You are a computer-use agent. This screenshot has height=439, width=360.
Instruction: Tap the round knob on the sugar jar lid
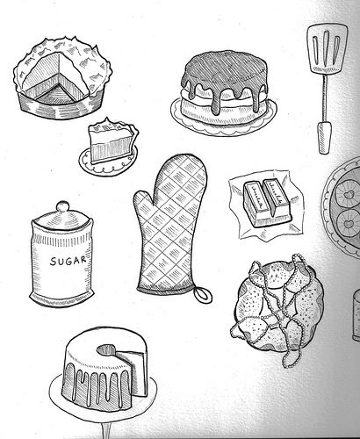point(61,207)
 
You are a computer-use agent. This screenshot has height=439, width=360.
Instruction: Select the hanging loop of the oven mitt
point(202,291)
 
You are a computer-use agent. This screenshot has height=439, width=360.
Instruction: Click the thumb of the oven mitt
point(143,207)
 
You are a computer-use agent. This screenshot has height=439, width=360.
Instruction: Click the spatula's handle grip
point(324,138)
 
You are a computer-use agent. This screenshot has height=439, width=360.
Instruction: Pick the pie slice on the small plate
point(112,140)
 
